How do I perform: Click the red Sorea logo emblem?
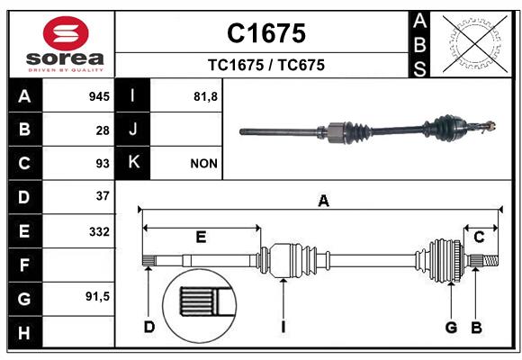click(x=66, y=33)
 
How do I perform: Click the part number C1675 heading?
click(x=266, y=33)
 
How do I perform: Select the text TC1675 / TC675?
click(x=266, y=65)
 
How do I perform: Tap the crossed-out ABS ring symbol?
click(x=475, y=44)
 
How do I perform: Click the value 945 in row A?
click(x=99, y=96)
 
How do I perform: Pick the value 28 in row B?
click(x=103, y=130)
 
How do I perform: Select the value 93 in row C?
click(x=103, y=164)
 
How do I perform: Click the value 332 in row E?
click(x=99, y=231)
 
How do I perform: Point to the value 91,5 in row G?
click(x=97, y=296)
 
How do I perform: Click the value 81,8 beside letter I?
click(x=205, y=96)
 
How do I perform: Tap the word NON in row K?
click(x=203, y=164)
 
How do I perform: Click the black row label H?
click(x=25, y=332)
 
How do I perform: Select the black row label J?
click(x=132, y=129)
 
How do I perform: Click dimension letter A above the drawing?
click(x=323, y=201)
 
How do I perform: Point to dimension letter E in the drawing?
click(x=201, y=237)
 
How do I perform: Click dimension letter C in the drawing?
click(x=479, y=237)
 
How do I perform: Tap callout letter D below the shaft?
click(x=149, y=327)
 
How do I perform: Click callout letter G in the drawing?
click(x=451, y=328)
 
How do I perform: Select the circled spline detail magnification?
click(x=200, y=306)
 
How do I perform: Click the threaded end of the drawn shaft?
click(x=490, y=260)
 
